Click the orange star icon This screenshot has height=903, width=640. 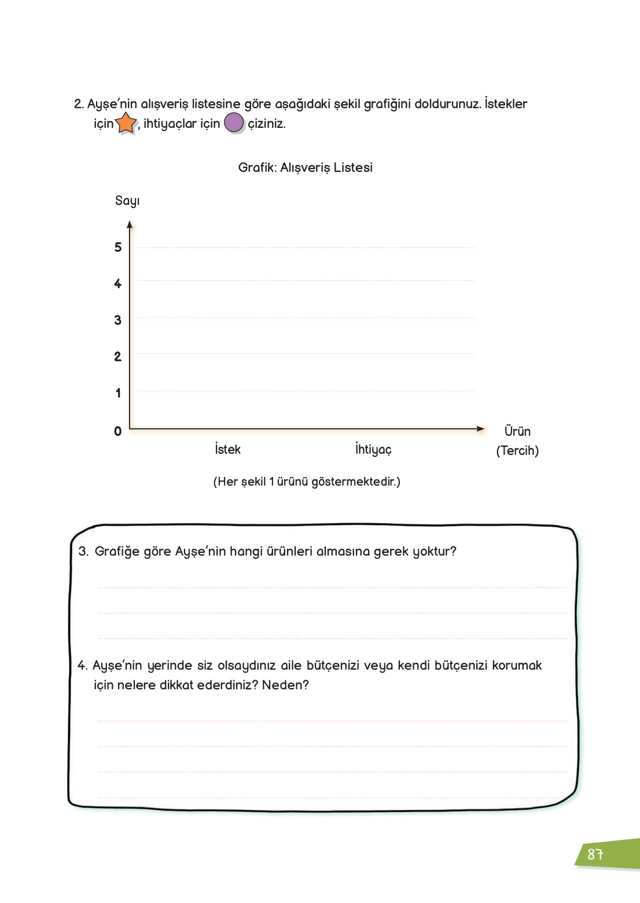(126, 123)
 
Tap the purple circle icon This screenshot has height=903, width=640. (234, 123)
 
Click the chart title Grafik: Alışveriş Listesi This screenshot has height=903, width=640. (305, 168)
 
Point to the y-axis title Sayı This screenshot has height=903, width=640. (127, 201)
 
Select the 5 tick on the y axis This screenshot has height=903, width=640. (118, 248)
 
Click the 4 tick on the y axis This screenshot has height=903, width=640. (118, 284)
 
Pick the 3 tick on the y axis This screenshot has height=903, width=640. (118, 321)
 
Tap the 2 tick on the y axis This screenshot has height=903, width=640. (118, 357)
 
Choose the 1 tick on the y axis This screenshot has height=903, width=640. (118, 394)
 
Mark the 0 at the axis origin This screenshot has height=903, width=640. (118, 431)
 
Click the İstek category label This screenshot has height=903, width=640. (227, 449)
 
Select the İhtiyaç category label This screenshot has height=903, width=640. (373, 450)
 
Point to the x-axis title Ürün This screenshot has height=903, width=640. (517, 431)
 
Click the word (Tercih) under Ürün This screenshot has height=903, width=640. (517, 451)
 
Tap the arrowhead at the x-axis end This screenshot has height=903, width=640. (480, 429)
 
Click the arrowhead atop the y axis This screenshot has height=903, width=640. (130, 225)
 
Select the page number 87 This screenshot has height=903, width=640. (595, 854)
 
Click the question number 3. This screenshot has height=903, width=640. (83, 552)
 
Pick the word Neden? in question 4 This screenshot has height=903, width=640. (285, 685)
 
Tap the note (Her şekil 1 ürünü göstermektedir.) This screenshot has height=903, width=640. (307, 482)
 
